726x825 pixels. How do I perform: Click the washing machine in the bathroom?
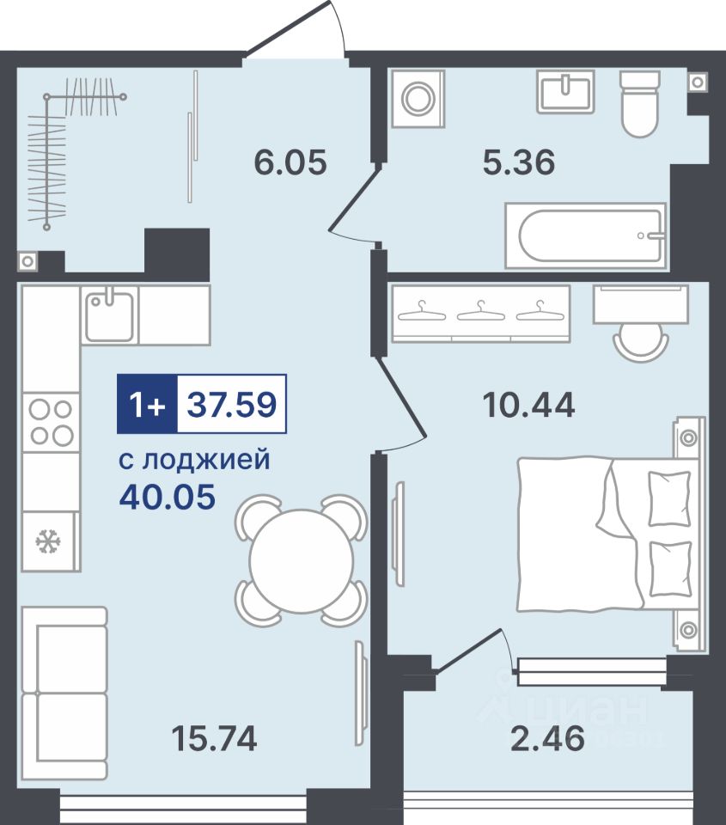418,98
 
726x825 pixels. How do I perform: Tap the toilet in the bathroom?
639,104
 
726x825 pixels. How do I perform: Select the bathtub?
586,235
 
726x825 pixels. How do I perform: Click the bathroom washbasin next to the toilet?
565,92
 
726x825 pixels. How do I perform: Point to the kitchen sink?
109,315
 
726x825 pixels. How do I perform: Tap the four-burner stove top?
51,422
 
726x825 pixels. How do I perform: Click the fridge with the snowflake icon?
51,541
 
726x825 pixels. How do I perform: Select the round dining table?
302,561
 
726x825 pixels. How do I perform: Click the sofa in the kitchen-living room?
64,694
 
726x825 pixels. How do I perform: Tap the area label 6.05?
290,162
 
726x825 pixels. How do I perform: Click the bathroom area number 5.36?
519,162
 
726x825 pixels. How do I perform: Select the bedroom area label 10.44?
528,406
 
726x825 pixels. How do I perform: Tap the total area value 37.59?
232,405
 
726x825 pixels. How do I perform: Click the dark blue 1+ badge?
148,404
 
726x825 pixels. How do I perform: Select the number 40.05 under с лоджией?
168,496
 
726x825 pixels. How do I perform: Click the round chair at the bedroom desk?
641,340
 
